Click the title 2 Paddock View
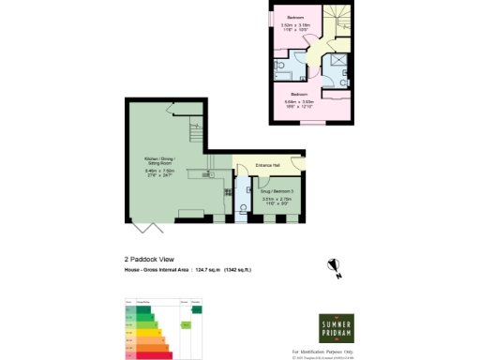coord(150,259)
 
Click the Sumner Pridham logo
coord(337,325)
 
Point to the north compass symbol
coord(333,269)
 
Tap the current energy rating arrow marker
coord(187,324)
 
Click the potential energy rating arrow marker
coord(197,309)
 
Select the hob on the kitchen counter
coord(227,191)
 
